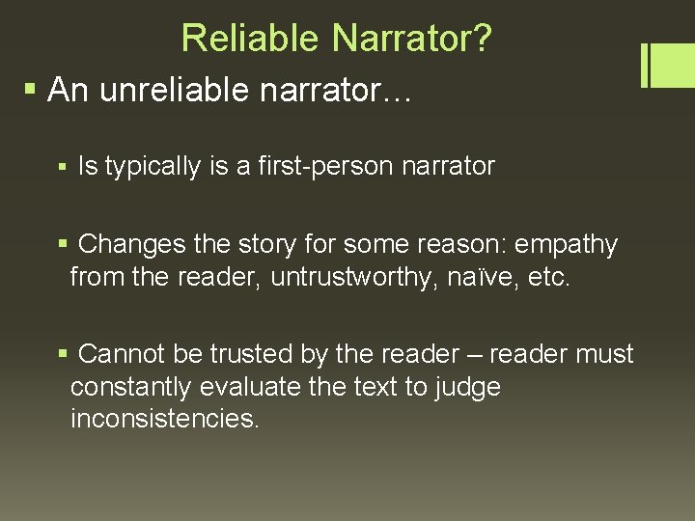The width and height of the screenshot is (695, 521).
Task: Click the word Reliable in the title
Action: [250, 39]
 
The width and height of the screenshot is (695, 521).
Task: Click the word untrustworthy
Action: [349, 278]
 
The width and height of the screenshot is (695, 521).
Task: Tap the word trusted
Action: [250, 354]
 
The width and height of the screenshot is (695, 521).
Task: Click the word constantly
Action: [130, 387]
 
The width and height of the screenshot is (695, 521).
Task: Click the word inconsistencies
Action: [165, 420]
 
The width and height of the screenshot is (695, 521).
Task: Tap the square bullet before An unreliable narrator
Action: [30, 91]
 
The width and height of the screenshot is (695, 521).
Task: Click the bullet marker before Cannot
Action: [64, 355]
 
